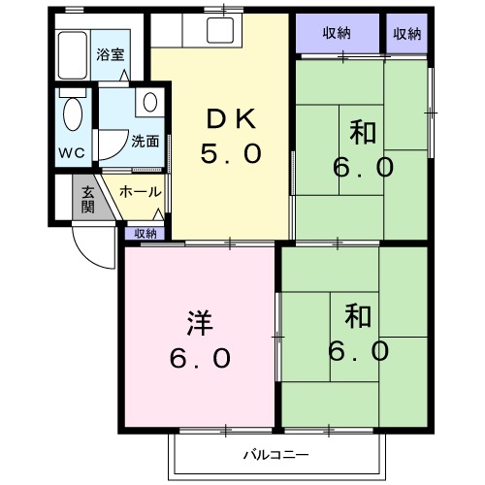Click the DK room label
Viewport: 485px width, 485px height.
[231, 119]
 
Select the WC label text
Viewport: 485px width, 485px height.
[72, 152]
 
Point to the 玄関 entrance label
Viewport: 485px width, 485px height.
[87, 199]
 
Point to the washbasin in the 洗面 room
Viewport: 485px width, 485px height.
[149, 102]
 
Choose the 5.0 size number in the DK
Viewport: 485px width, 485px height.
[231, 154]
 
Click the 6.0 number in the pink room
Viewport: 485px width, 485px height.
[200, 358]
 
